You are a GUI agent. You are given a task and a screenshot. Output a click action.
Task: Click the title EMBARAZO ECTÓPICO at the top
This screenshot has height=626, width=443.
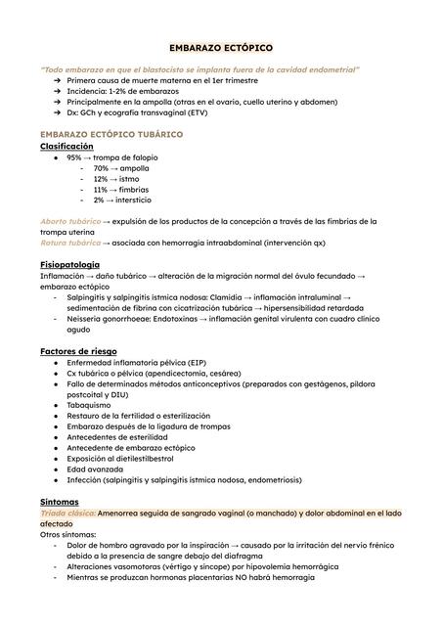[x=221, y=47]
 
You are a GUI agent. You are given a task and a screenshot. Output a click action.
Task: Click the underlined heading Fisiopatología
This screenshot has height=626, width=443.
[x=69, y=265]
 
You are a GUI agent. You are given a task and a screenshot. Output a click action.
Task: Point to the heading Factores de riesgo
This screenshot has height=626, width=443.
[x=78, y=350]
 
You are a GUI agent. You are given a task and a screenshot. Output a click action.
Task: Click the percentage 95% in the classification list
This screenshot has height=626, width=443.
[x=74, y=157]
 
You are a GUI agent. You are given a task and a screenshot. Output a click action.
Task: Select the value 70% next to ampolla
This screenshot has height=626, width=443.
[x=101, y=168]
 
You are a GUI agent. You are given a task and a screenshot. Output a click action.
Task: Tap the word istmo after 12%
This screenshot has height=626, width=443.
[x=128, y=179]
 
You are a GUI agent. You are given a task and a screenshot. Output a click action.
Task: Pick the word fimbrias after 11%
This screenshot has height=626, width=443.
[x=135, y=190]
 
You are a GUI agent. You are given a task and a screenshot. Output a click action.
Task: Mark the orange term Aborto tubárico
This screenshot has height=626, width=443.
[x=70, y=222]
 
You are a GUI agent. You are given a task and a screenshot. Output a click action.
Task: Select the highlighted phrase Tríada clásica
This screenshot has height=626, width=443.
[x=67, y=513]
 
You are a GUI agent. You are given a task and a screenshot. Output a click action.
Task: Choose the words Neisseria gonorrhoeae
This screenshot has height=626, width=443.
[x=111, y=319]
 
